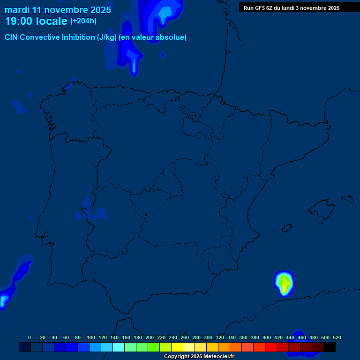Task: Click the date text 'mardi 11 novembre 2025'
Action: click(x=58, y=10)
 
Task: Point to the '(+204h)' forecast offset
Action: click(x=83, y=21)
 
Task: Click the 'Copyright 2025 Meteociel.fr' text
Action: click(x=199, y=356)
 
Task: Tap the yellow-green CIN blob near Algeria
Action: click(x=284, y=283)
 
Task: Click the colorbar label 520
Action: click(x=337, y=337)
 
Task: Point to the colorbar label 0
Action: click(x=30, y=337)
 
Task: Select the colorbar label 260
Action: click(x=184, y=337)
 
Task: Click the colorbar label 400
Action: click(x=266, y=337)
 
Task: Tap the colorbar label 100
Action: click(x=90, y=337)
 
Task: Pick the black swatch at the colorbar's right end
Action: click(x=330, y=347)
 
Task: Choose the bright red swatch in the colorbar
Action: click(x=271, y=347)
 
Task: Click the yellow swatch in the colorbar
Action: click(x=177, y=347)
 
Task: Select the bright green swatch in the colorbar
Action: click(x=154, y=347)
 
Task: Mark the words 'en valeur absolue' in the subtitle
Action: click(x=153, y=37)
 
